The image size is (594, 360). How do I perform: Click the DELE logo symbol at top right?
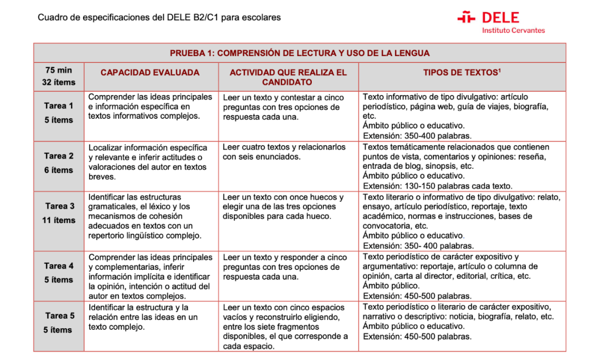point(466,18)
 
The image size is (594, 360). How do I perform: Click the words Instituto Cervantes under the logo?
point(513,30)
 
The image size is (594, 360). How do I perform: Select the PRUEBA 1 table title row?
point(299,53)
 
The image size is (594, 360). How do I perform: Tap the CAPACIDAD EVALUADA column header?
point(150,73)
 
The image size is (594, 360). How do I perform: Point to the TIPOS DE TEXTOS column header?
point(461,73)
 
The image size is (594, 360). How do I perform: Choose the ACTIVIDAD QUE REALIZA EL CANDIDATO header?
point(288,77)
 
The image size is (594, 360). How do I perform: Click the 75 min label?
point(58,70)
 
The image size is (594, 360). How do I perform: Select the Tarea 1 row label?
point(59,106)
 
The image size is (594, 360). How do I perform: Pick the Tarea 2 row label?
point(59,156)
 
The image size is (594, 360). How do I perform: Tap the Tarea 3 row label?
point(59,206)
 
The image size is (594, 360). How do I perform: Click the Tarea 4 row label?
point(59,266)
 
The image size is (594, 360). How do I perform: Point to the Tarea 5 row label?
point(59,316)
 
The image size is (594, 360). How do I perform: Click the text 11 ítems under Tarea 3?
point(58,220)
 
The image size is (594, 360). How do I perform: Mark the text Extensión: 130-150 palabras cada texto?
point(437,186)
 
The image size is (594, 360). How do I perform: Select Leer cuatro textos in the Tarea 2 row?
point(255,147)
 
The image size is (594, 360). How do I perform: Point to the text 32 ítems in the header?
point(58,82)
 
